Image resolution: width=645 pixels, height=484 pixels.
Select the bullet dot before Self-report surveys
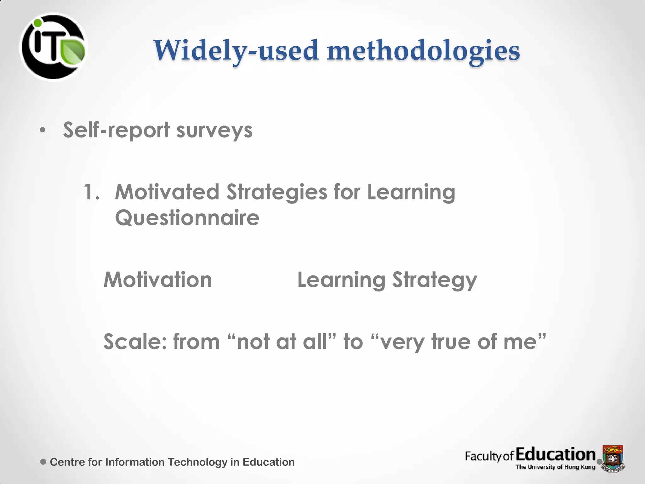tap(43, 130)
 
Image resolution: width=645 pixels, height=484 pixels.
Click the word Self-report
tap(117, 130)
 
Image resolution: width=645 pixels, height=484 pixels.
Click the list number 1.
tap(91, 192)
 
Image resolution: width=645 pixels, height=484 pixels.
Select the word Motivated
tap(167, 192)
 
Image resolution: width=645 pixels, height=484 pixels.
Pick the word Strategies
tap(277, 193)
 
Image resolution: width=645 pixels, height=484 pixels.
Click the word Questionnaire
tap(187, 218)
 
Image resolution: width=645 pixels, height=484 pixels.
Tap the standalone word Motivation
tap(158, 280)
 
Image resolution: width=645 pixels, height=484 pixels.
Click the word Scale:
tap(135, 342)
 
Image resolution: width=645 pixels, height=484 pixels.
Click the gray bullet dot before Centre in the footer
tap(43, 462)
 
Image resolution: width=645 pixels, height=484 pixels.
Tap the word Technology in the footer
tap(197, 462)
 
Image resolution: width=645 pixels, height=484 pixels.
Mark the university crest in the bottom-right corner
tap(613, 458)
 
